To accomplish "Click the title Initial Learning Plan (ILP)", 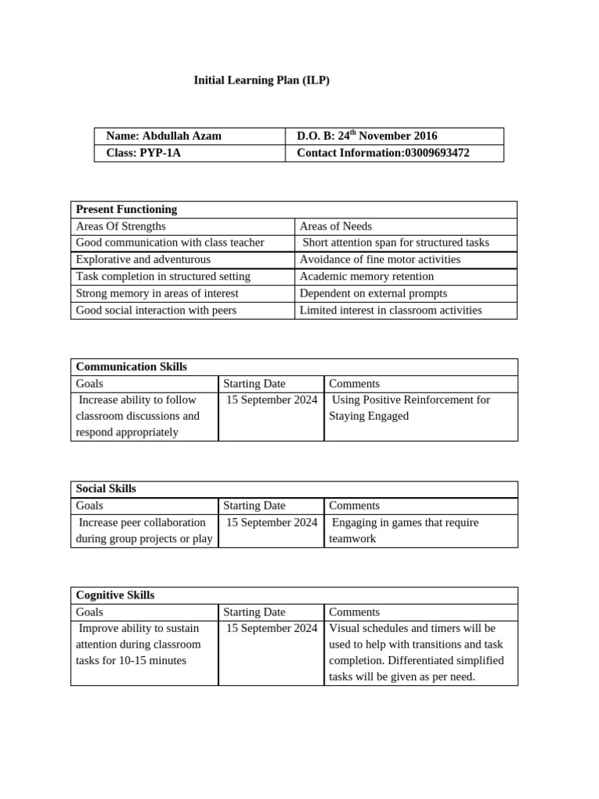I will [x=261, y=80].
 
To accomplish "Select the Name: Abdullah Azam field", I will [x=163, y=136].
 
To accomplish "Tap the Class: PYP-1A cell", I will [x=143, y=153].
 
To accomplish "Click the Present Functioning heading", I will [x=126, y=209].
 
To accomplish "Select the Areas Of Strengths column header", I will [x=121, y=226].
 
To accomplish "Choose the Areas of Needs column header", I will [x=335, y=226].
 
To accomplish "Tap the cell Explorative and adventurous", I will [x=143, y=260].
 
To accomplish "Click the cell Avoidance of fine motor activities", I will [x=380, y=260].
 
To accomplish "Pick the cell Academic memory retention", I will [x=367, y=277].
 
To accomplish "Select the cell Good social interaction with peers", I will [x=156, y=311].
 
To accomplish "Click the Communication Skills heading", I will [x=131, y=367].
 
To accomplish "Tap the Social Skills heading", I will [x=106, y=488].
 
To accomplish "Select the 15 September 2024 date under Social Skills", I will [x=271, y=522].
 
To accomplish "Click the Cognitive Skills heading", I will [x=115, y=595].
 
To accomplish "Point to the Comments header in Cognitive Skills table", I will [x=354, y=613].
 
